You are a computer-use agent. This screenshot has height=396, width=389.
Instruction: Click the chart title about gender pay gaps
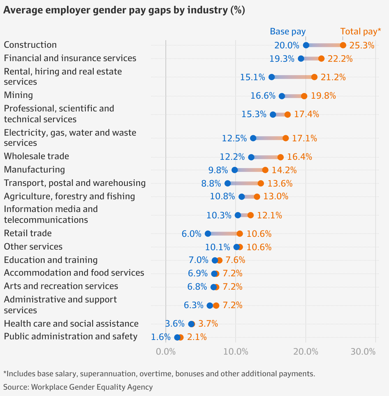tap(124, 10)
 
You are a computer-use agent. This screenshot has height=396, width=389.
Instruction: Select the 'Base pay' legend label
tap(288, 32)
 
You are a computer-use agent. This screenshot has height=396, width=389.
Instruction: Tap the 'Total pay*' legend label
tap(361, 32)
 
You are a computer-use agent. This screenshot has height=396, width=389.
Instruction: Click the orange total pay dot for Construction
tap(343, 45)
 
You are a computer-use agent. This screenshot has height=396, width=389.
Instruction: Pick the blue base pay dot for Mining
tap(282, 96)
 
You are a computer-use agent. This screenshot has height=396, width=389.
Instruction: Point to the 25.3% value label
tap(362, 46)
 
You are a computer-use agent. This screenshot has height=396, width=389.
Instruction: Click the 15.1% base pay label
tap(253, 77)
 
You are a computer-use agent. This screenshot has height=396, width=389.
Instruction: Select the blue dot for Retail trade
tap(208, 234)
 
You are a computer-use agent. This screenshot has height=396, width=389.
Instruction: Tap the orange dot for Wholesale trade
tap(280, 157)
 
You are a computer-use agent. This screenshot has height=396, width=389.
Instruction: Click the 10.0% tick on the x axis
tap(236, 352)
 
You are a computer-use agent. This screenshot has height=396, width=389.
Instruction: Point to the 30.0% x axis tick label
tap(363, 352)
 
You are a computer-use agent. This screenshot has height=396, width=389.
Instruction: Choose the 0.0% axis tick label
tap(166, 352)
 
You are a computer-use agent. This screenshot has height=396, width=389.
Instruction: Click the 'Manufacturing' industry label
tap(34, 169)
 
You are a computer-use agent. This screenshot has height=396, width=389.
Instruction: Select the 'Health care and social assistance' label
tap(71, 324)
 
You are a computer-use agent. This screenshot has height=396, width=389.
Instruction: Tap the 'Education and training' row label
tap(51, 260)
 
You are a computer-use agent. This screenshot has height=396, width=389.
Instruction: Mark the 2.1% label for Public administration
tap(197, 337)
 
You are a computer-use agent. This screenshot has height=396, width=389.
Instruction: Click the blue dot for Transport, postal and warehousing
tap(228, 183)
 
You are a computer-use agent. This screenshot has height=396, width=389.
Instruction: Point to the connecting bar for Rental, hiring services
tap(293, 77)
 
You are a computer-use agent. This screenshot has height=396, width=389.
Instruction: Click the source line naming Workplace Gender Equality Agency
tap(78, 387)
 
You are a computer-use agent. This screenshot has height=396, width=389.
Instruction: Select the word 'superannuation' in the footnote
tap(108, 374)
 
